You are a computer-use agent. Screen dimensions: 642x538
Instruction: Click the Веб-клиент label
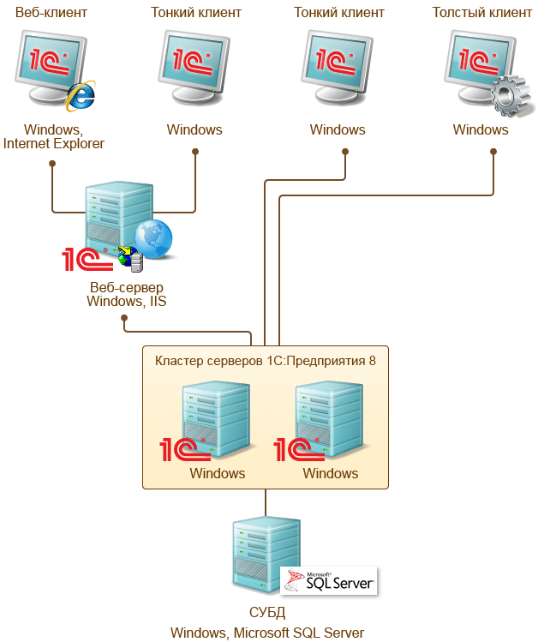point(51,13)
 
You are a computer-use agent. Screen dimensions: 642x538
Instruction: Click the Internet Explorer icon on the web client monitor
point(81,96)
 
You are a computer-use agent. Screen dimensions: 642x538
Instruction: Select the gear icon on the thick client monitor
point(507,95)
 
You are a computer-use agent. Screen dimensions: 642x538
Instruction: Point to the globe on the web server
point(152,237)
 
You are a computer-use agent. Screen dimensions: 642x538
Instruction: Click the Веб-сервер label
point(126,286)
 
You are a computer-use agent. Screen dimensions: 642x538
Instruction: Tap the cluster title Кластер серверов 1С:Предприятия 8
point(265,361)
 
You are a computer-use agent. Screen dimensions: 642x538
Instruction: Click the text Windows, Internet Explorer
point(53,137)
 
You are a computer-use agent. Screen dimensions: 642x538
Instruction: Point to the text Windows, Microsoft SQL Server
point(266,633)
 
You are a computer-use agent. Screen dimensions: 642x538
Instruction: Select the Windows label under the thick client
point(480,130)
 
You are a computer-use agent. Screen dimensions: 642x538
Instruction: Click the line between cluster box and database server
point(266,502)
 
